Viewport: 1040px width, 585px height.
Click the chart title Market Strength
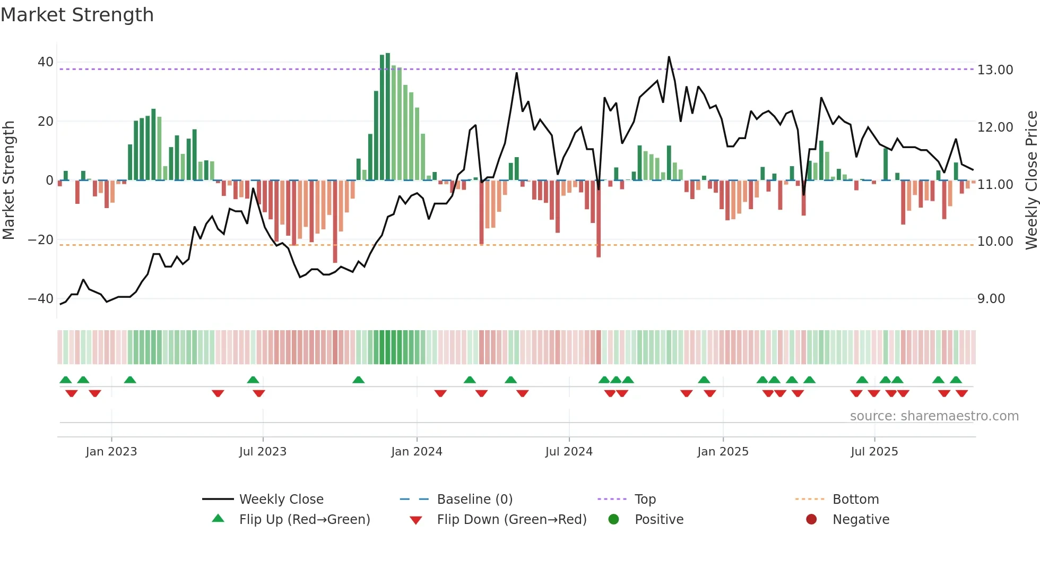pyautogui.click(x=77, y=15)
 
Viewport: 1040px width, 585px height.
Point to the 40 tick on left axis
pyautogui.click(x=45, y=62)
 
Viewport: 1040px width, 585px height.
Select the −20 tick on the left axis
pyautogui.click(x=40, y=240)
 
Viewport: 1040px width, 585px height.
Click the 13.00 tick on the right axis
pyautogui.click(x=995, y=70)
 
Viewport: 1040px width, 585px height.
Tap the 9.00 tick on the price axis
pyautogui.click(x=991, y=299)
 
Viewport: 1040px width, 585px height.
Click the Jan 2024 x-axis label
pyautogui.click(x=417, y=452)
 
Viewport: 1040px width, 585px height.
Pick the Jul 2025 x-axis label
pyautogui.click(x=874, y=452)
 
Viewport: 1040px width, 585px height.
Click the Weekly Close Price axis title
pyautogui.click(x=1031, y=180)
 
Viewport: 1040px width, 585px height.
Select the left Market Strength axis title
pyautogui.click(x=9, y=180)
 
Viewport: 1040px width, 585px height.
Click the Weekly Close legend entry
pyautogui.click(x=281, y=500)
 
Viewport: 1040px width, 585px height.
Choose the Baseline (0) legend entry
pyautogui.click(x=474, y=500)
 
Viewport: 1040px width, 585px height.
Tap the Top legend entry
pyautogui.click(x=645, y=500)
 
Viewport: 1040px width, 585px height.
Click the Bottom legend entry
pyautogui.click(x=855, y=500)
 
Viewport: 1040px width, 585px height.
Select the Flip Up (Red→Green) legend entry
pyautogui.click(x=304, y=520)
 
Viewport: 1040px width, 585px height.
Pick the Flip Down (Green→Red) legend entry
pyautogui.click(x=512, y=520)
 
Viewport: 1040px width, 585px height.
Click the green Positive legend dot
pyautogui.click(x=613, y=519)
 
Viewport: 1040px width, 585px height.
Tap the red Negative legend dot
pyautogui.click(x=811, y=519)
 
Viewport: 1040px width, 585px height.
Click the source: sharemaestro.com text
pyautogui.click(x=934, y=416)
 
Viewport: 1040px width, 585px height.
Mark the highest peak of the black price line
pyautogui.click(x=669, y=57)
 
